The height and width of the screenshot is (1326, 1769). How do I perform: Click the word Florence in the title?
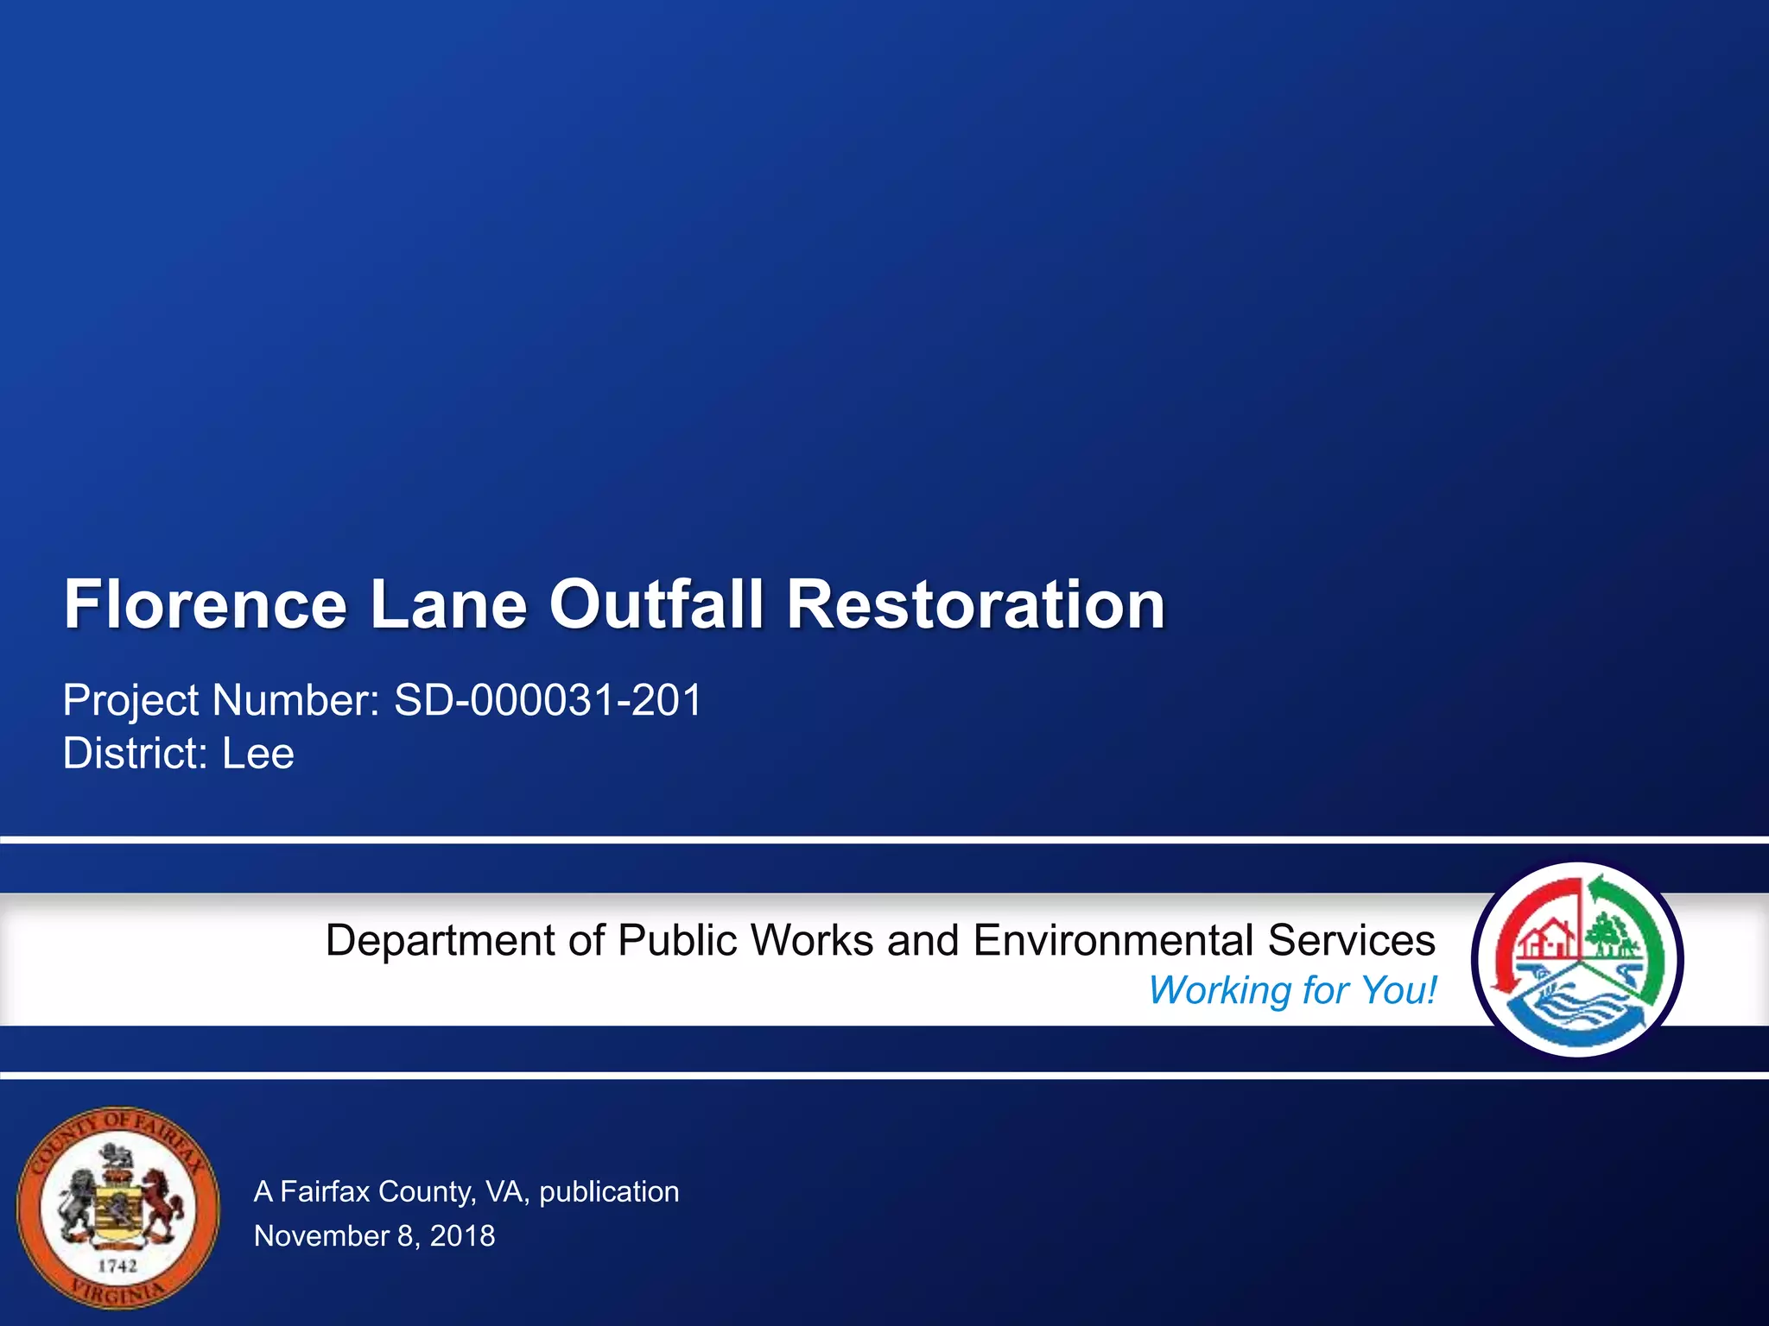(206, 604)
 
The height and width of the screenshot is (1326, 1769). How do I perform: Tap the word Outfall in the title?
(656, 604)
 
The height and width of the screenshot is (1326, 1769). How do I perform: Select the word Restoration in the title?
(976, 604)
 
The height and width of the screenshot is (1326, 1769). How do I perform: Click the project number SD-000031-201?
(548, 699)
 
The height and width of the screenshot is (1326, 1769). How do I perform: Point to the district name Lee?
(258, 754)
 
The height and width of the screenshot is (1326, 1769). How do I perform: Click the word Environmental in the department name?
(1113, 940)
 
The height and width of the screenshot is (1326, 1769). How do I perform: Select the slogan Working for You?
(1292, 990)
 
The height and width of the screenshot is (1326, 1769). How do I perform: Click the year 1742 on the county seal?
(117, 1266)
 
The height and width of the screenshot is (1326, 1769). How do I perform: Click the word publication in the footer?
(609, 1192)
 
